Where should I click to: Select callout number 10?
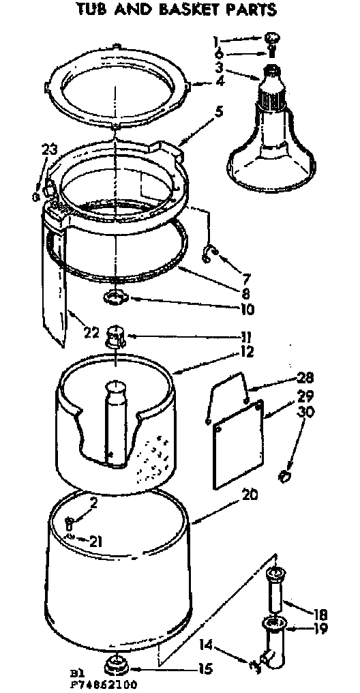coord(247,309)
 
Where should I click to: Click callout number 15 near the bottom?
coord(205,669)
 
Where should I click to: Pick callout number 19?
coord(320,628)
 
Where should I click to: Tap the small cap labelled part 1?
coord(272,38)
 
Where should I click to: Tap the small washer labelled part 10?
coord(117,297)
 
